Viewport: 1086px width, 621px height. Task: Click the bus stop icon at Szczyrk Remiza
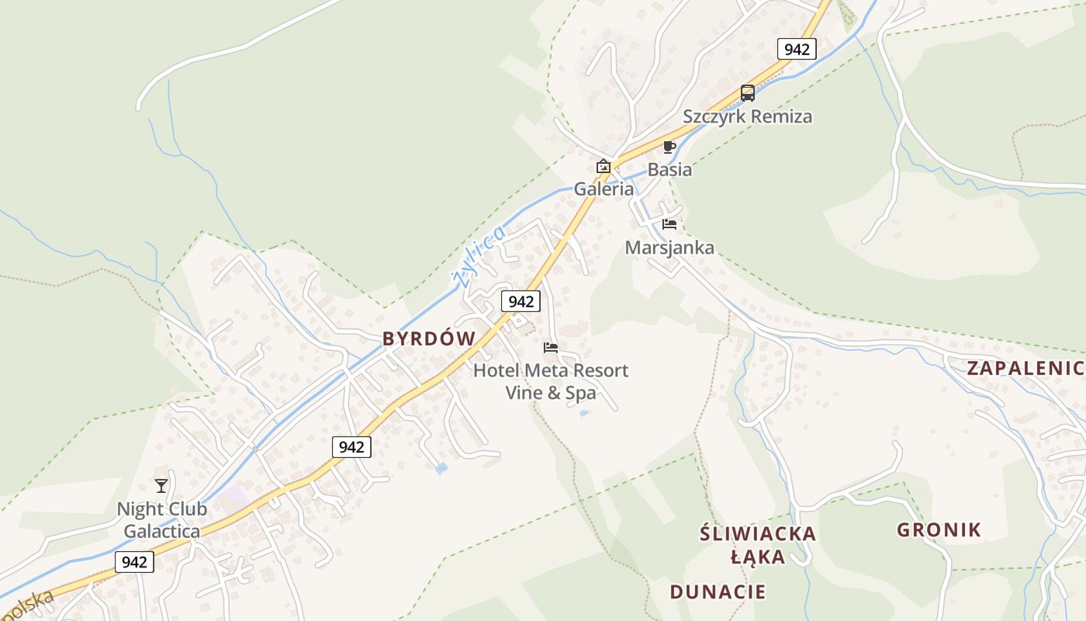pyautogui.click(x=748, y=93)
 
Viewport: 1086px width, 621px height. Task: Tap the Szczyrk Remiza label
pyautogui.click(x=747, y=116)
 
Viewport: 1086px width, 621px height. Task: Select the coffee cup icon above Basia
pyautogui.click(x=669, y=147)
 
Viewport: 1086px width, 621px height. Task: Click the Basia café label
pyautogui.click(x=669, y=169)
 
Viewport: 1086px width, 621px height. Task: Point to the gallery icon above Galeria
pyautogui.click(x=603, y=166)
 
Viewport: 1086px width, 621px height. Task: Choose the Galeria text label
pyautogui.click(x=604, y=189)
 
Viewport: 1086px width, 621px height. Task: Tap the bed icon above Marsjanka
pyautogui.click(x=669, y=224)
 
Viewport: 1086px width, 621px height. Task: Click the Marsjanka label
pyautogui.click(x=669, y=248)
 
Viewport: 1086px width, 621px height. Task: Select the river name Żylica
pyautogui.click(x=478, y=255)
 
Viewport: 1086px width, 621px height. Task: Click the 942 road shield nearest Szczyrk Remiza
pyautogui.click(x=797, y=50)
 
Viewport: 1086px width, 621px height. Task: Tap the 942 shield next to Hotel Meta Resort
pyautogui.click(x=520, y=301)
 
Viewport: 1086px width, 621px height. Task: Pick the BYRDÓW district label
pyautogui.click(x=429, y=338)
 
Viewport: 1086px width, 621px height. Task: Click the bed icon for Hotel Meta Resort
pyautogui.click(x=551, y=348)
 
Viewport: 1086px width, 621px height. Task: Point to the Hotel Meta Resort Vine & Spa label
pyautogui.click(x=551, y=381)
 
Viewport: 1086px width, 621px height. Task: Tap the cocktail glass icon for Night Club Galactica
pyautogui.click(x=161, y=486)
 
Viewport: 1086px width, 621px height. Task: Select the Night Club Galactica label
pyautogui.click(x=161, y=520)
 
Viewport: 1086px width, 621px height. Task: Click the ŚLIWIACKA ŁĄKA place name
pyautogui.click(x=758, y=545)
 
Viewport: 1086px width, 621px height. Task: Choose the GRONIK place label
pyautogui.click(x=939, y=530)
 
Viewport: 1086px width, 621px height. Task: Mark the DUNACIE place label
pyautogui.click(x=718, y=592)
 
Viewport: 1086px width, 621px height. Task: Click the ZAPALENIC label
pyautogui.click(x=1024, y=369)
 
